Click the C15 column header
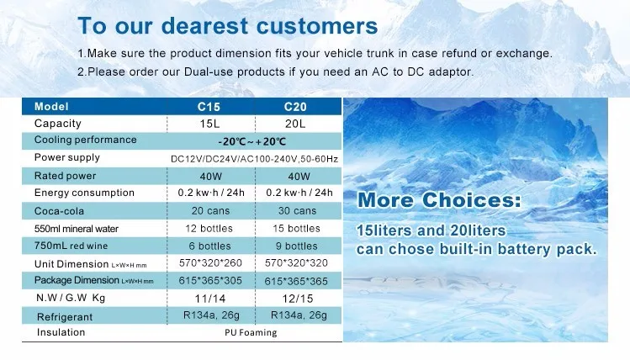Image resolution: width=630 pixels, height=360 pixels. [x=209, y=107]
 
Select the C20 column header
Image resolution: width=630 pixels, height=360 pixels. [x=295, y=107]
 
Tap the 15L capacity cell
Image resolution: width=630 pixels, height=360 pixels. [x=209, y=124]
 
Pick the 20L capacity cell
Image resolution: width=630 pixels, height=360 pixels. [x=295, y=124]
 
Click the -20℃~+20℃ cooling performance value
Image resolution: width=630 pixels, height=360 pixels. [x=252, y=141]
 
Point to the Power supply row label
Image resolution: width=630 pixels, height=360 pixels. [x=67, y=157]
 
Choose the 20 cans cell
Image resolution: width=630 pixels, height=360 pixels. [x=210, y=210]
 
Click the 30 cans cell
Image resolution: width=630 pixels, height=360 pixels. [x=297, y=210]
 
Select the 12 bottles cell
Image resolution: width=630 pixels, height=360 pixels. [x=209, y=229]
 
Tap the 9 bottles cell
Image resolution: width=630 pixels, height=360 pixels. [x=297, y=246]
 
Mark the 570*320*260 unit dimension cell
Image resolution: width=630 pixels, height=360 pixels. [x=210, y=263]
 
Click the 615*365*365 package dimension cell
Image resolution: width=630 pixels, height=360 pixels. [x=296, y=281]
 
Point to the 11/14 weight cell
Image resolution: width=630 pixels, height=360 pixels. [x=210, y=299]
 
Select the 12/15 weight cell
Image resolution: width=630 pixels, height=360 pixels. [x=297, y=299]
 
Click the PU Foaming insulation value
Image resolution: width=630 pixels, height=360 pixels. [x=251, y=333]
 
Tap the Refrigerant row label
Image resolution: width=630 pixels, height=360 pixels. [x=65, y=317]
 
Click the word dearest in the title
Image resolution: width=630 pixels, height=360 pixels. [x=205, y=26]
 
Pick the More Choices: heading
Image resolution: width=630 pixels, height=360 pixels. [x=439, y=200]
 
